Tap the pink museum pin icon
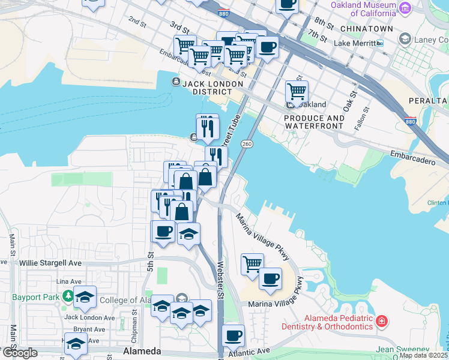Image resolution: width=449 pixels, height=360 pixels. (x=405, y=8)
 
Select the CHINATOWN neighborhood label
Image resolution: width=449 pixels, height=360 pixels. (x=366, y=29)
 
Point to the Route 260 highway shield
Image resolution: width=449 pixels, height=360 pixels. (x=247, y=144)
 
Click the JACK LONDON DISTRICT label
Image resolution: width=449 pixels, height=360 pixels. (x=208, y=87)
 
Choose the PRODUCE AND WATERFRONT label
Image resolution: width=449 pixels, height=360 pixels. (x=315, y=122)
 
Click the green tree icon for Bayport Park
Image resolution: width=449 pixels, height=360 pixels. (x=69, y=296)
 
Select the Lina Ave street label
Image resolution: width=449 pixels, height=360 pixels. (x=68, y=281)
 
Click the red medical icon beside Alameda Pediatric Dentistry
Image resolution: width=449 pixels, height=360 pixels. (x=381, y=322)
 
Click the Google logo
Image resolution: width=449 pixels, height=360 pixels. (x=20, y=353)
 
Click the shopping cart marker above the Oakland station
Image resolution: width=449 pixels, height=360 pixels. (x=297, y=91)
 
